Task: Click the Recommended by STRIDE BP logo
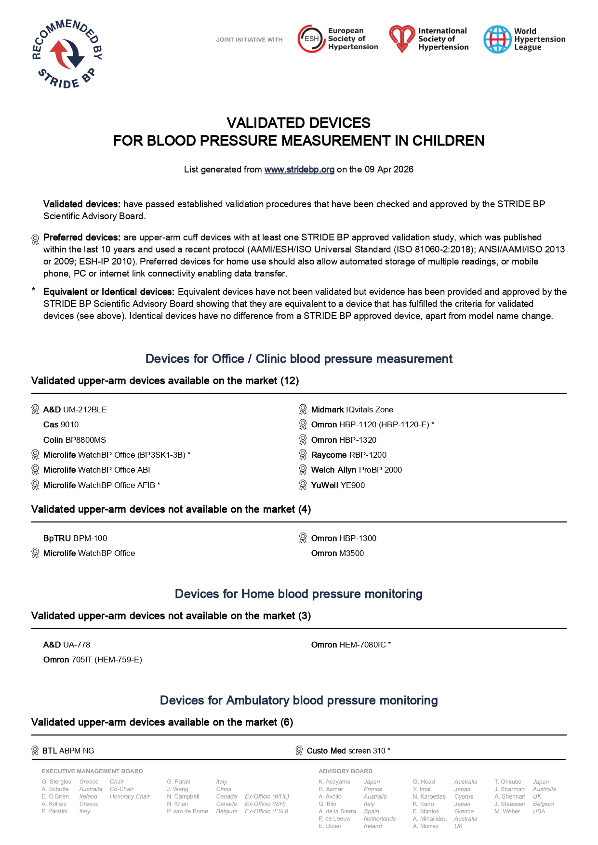click(67, 54)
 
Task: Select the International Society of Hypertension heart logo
click(401, 39)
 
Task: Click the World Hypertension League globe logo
click(497, 40)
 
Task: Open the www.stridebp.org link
click(299, 170)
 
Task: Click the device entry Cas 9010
click(61, 424)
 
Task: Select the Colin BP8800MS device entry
click(75, 440)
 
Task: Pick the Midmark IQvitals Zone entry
click(352, 409)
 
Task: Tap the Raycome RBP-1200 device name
click(348, 455)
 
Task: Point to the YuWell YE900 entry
click(338, 485)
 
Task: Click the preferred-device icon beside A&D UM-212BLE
click(35, 409)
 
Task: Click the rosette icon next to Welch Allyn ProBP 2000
click(303, 470)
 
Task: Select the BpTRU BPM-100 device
click(75, 538)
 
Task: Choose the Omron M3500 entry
click(337, 553)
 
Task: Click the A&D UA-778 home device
click(66, 645)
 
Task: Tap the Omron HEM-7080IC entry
click(350, 645)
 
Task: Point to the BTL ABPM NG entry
click(68, 751)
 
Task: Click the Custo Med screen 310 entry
click(348, 751)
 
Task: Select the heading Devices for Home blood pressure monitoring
click(299, 594)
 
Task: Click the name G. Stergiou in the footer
click(56, 781)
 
